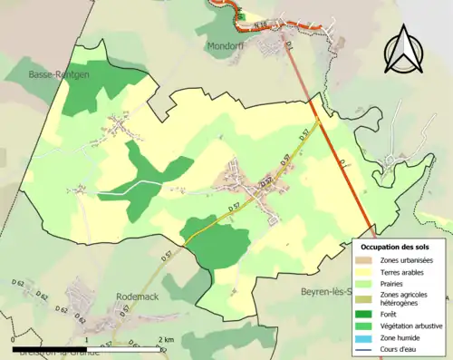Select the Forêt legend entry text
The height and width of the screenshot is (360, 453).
click(391, 316)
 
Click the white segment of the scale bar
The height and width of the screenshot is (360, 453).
click(123, 348)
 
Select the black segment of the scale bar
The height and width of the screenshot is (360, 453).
click(49, 348)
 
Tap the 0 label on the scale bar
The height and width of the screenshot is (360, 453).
click(13, 340)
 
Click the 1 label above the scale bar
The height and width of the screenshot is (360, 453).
click(86, 340)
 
